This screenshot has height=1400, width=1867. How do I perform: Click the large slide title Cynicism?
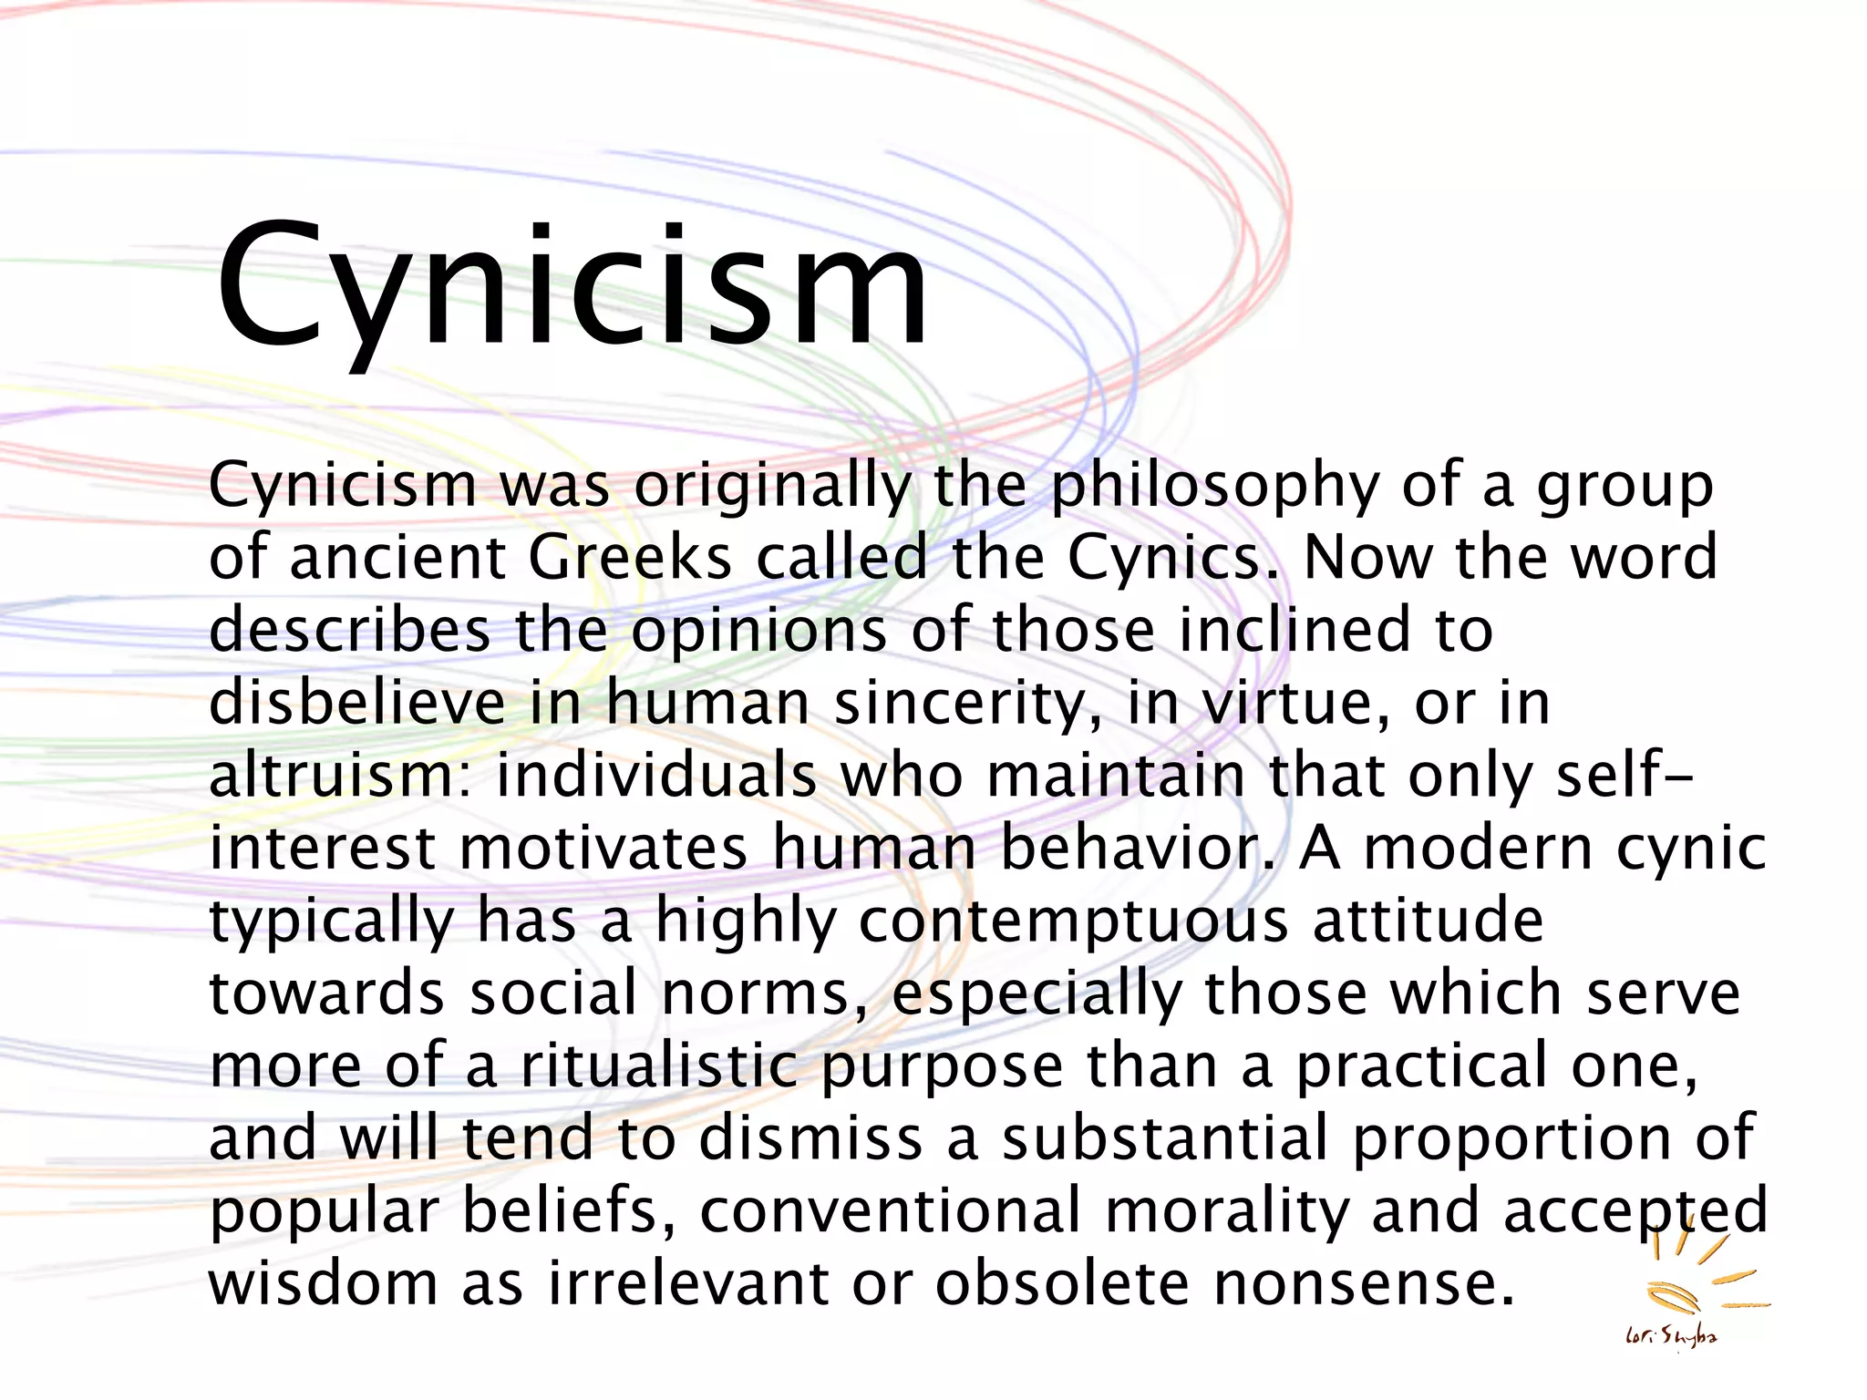[572, 287]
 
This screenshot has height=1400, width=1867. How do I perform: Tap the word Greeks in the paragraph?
[629, 557]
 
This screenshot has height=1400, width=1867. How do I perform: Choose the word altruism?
[338, 775]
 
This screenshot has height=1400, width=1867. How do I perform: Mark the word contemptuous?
[1073, 921]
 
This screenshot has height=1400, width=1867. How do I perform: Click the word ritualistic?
[659, 1065]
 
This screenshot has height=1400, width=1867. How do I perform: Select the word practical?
[1421, 1065]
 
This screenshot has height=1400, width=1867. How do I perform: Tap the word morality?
[1226, 1211]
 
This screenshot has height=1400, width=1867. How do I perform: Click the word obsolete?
[1062, 1282]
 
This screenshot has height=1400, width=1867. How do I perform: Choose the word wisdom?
[325, 1282]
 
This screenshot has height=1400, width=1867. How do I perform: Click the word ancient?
[397, 557]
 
